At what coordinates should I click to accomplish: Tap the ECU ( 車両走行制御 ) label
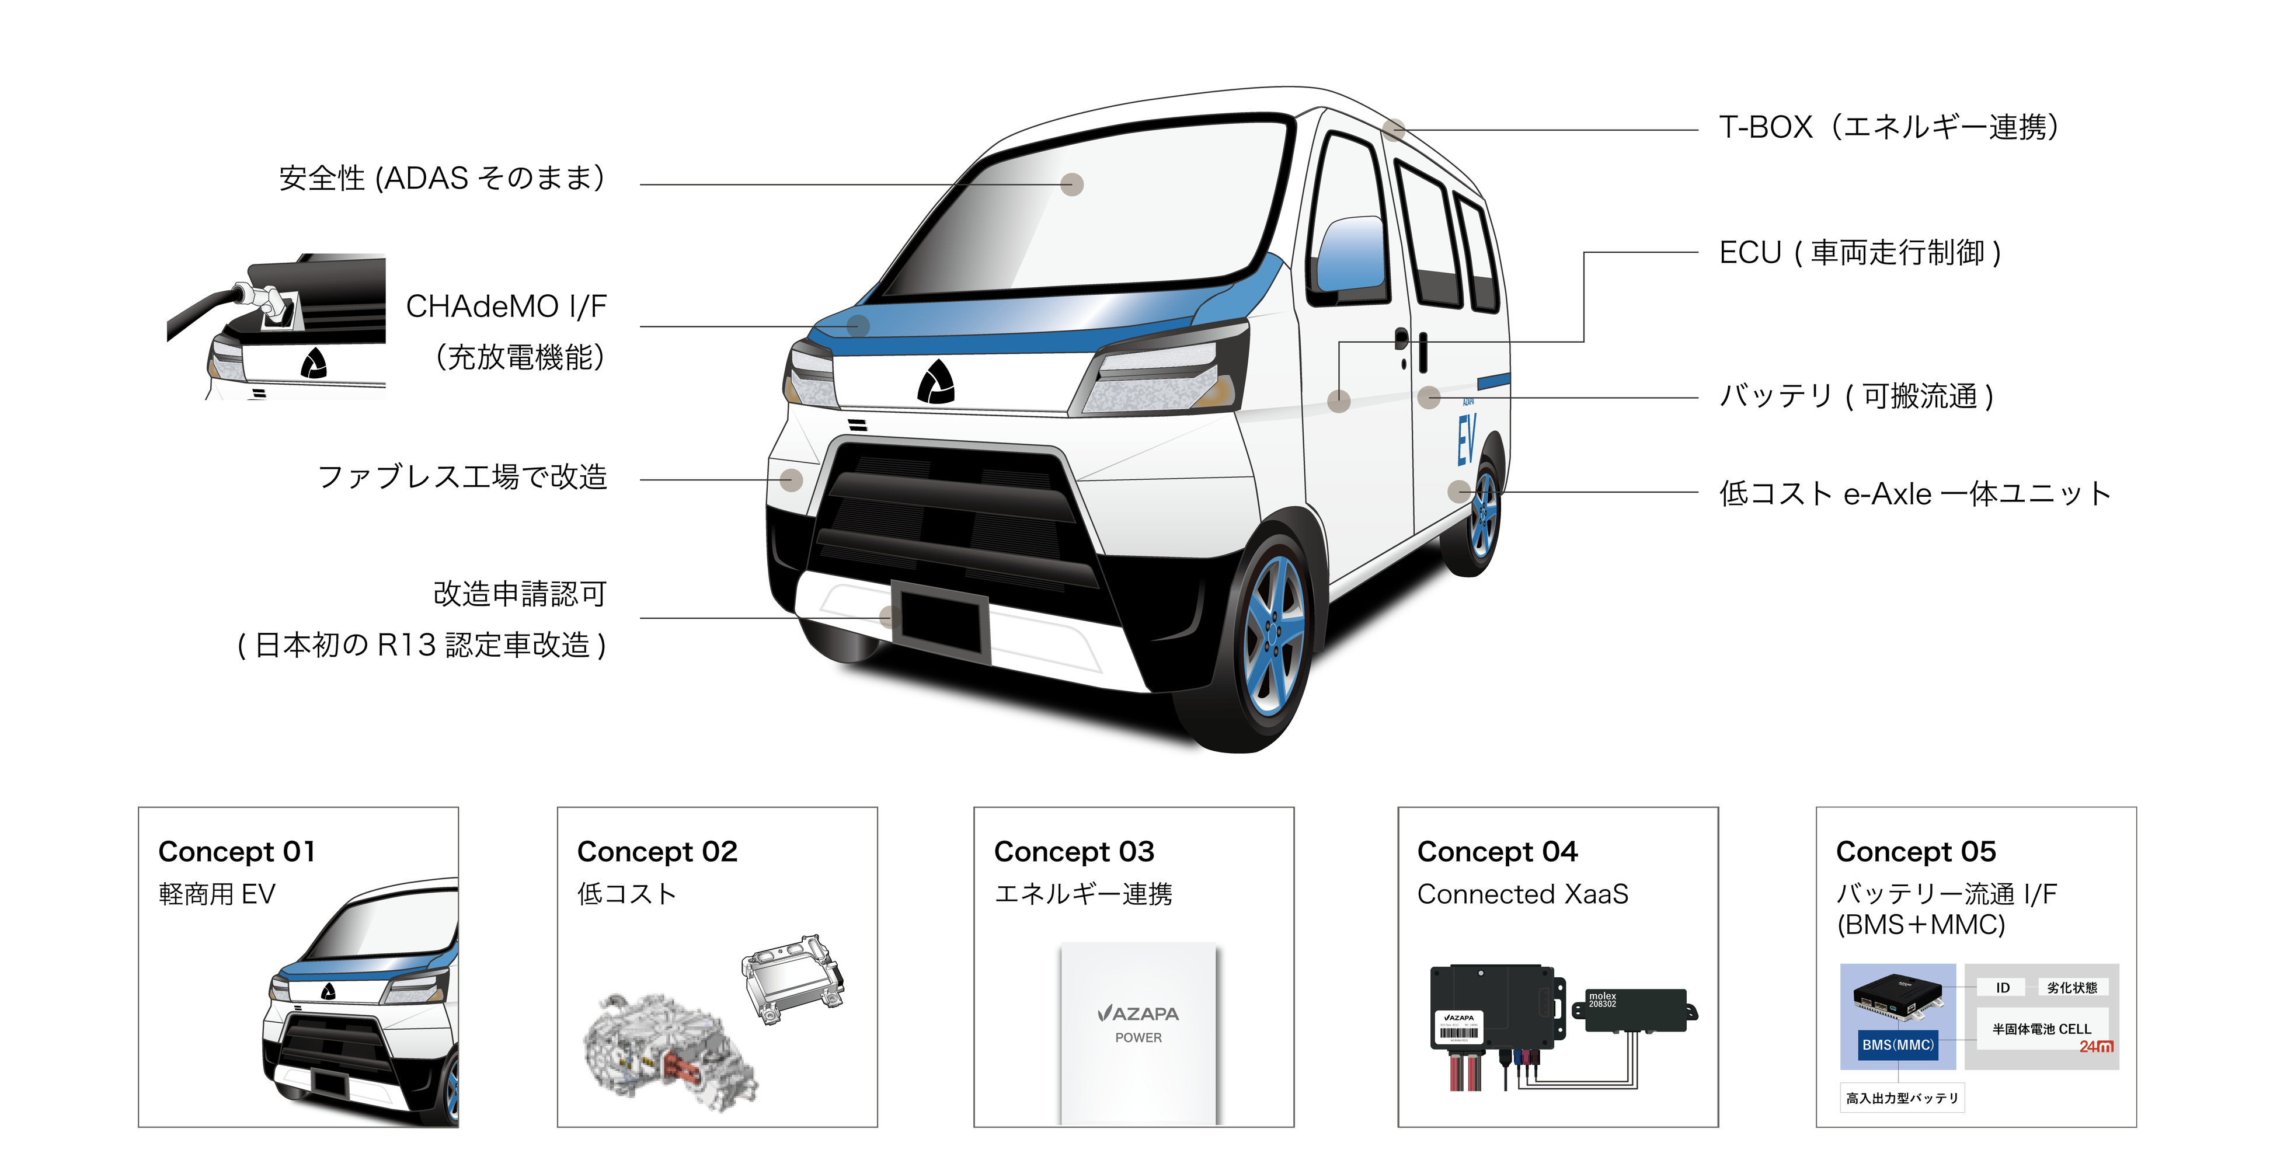[x=1860, y=253]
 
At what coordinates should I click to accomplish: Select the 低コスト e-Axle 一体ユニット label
[x=1914, y=493]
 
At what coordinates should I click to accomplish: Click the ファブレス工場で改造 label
[x=462, y=478]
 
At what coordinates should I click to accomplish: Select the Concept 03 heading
[x=1074, y=851]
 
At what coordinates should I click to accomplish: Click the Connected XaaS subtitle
[x=1522, y=894]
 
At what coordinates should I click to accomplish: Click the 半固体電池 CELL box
[x=2041, y=1029]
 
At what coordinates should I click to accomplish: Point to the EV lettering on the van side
[x=1465, y=440]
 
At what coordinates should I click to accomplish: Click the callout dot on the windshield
[x=1072, y=184]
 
